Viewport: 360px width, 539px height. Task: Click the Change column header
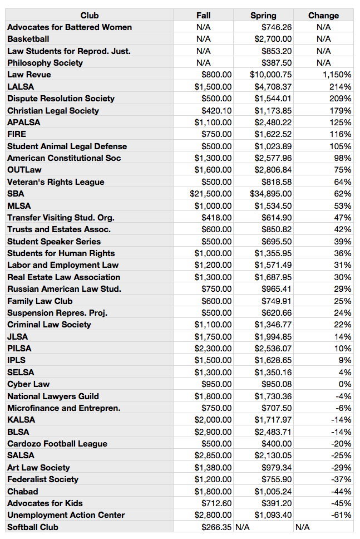[323, 16]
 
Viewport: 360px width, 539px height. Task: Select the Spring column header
[263, 16]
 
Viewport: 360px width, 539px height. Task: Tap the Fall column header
[203, 16]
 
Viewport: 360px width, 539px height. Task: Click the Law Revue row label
[29, 75]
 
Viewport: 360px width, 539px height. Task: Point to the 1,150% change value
[337, 75]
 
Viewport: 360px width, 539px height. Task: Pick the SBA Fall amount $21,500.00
[210, 194]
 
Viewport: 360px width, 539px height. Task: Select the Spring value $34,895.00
[270, 194]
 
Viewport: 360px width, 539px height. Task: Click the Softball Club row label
[33, 527]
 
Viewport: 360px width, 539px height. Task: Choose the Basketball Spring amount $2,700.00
[273, 39]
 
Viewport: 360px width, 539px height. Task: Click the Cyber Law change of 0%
[345, 384]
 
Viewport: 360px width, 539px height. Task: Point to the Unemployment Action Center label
[66, 515]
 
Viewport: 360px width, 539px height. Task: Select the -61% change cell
[342, 515]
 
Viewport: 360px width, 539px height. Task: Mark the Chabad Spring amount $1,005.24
[273, 491]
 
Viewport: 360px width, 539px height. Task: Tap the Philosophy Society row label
[45, 63]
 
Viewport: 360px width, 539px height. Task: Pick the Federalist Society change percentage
[342, 479]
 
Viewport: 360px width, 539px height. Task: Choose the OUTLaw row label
[24, 170]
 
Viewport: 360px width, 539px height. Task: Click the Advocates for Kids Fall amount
[216, 503]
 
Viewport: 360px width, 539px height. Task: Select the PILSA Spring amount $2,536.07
[273, 348]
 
